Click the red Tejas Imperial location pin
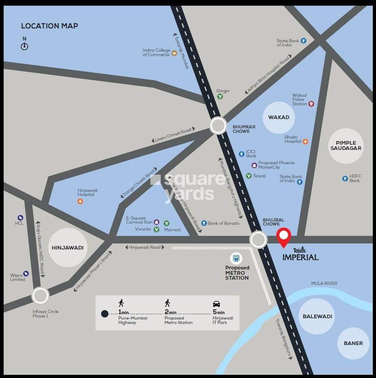click(284, 237)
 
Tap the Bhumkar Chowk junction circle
click(218, 126)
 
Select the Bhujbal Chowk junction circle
click(259, 240)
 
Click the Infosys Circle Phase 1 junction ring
click(40, 295)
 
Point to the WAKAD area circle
click(278, 117)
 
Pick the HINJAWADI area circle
click(67, 248)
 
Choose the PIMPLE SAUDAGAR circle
click(346, 146)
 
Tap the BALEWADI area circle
click(317, 316)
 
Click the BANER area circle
click(353, 343)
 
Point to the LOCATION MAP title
click(50, 26)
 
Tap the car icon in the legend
click(216, 304)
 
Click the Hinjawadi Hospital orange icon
click(80, 201)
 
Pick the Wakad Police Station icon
click(311, 104)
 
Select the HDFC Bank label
click(355, 178)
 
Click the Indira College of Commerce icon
click(174, 53)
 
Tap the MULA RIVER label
click(324, 283)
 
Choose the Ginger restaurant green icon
click(220, 96)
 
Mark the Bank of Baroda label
click(223, 223)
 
